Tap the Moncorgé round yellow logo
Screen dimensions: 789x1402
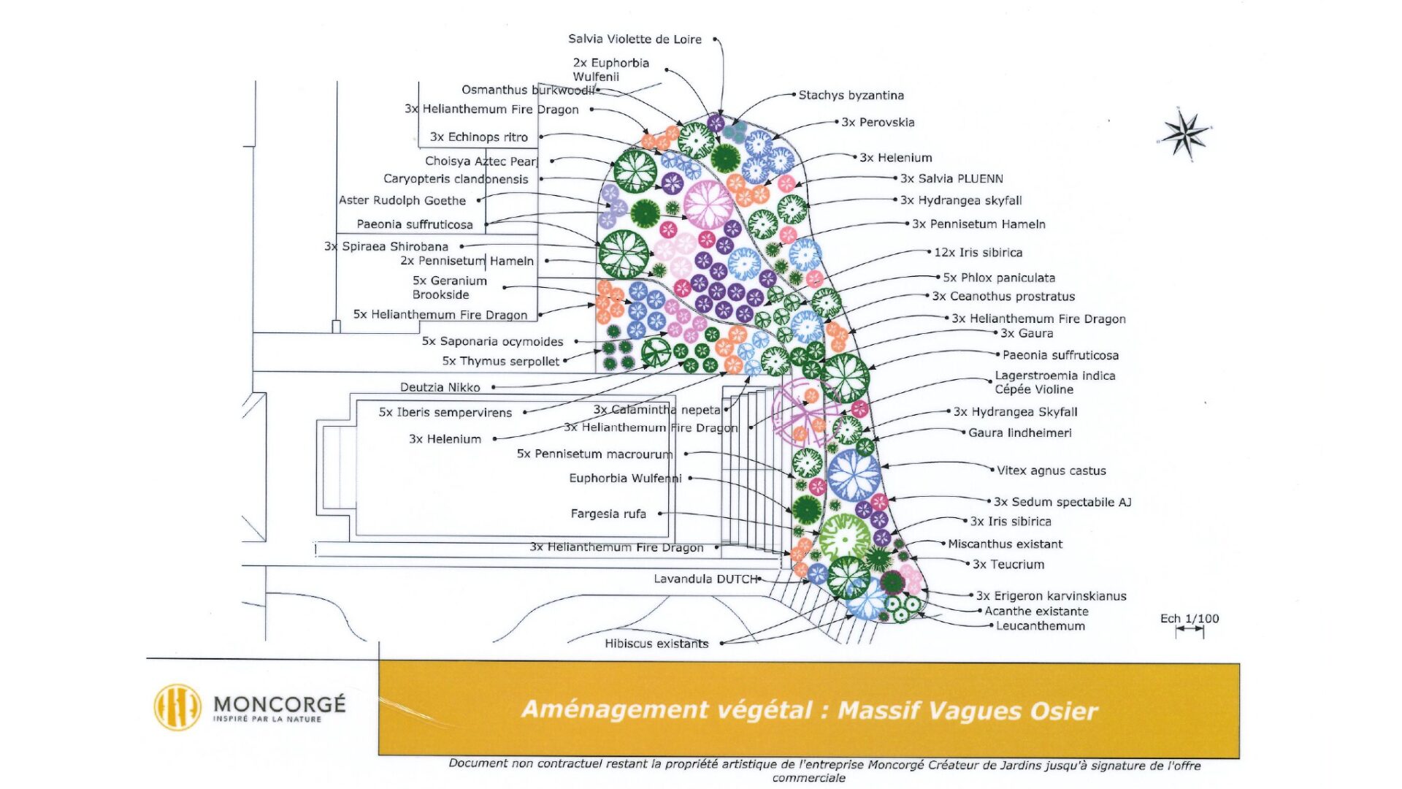tap(177, 707)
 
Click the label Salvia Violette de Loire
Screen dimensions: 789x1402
tap(635, 39)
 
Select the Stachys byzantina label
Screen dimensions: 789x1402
tap(851, 95)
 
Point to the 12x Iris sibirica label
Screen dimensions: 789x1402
tap(978, 253)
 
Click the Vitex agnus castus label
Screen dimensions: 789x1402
tap(1051, 471)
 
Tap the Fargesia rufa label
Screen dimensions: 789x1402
tap(608, 514)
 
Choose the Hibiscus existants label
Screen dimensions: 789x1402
tap(656, 644)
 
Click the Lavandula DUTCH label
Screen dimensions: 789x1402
tap(705, 579)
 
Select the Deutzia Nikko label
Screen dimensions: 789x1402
tap(440, 387)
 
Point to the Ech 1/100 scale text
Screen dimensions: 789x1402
tap(1190, 619)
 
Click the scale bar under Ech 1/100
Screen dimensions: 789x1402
tap(1190, 631)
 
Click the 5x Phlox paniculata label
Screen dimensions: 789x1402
tap(998, 278)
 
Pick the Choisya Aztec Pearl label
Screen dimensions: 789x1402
tap(481, 161)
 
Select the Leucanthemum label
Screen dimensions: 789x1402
tap(1040, 626)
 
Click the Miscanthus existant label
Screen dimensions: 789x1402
tap(1005, 544)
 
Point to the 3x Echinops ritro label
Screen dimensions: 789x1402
tap(478, 137)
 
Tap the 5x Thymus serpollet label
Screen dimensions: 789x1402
tap(500, 362)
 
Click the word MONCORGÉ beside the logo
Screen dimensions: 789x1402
tap(279, 704)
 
